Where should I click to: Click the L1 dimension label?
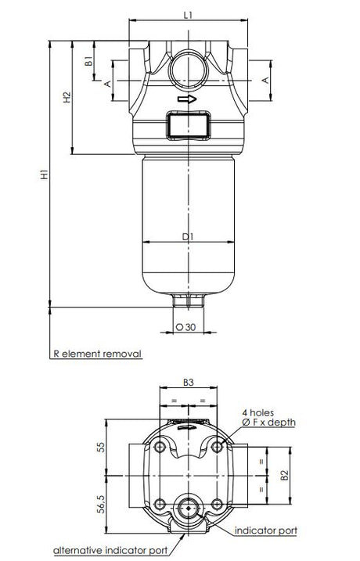point(188,14)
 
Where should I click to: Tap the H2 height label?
point(67,97)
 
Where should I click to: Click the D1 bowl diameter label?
point(188,235)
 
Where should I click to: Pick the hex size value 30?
point(188,327)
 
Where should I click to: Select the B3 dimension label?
point(188,383)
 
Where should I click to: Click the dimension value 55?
point(100,448)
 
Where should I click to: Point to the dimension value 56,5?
point(100,504)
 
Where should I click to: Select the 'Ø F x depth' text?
point(268,423)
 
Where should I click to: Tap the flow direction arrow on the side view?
point(188,99)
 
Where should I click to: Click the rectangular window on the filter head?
point(188,124)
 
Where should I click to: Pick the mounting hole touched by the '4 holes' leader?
point(217,447)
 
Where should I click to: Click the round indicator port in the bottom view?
point(188,506)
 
